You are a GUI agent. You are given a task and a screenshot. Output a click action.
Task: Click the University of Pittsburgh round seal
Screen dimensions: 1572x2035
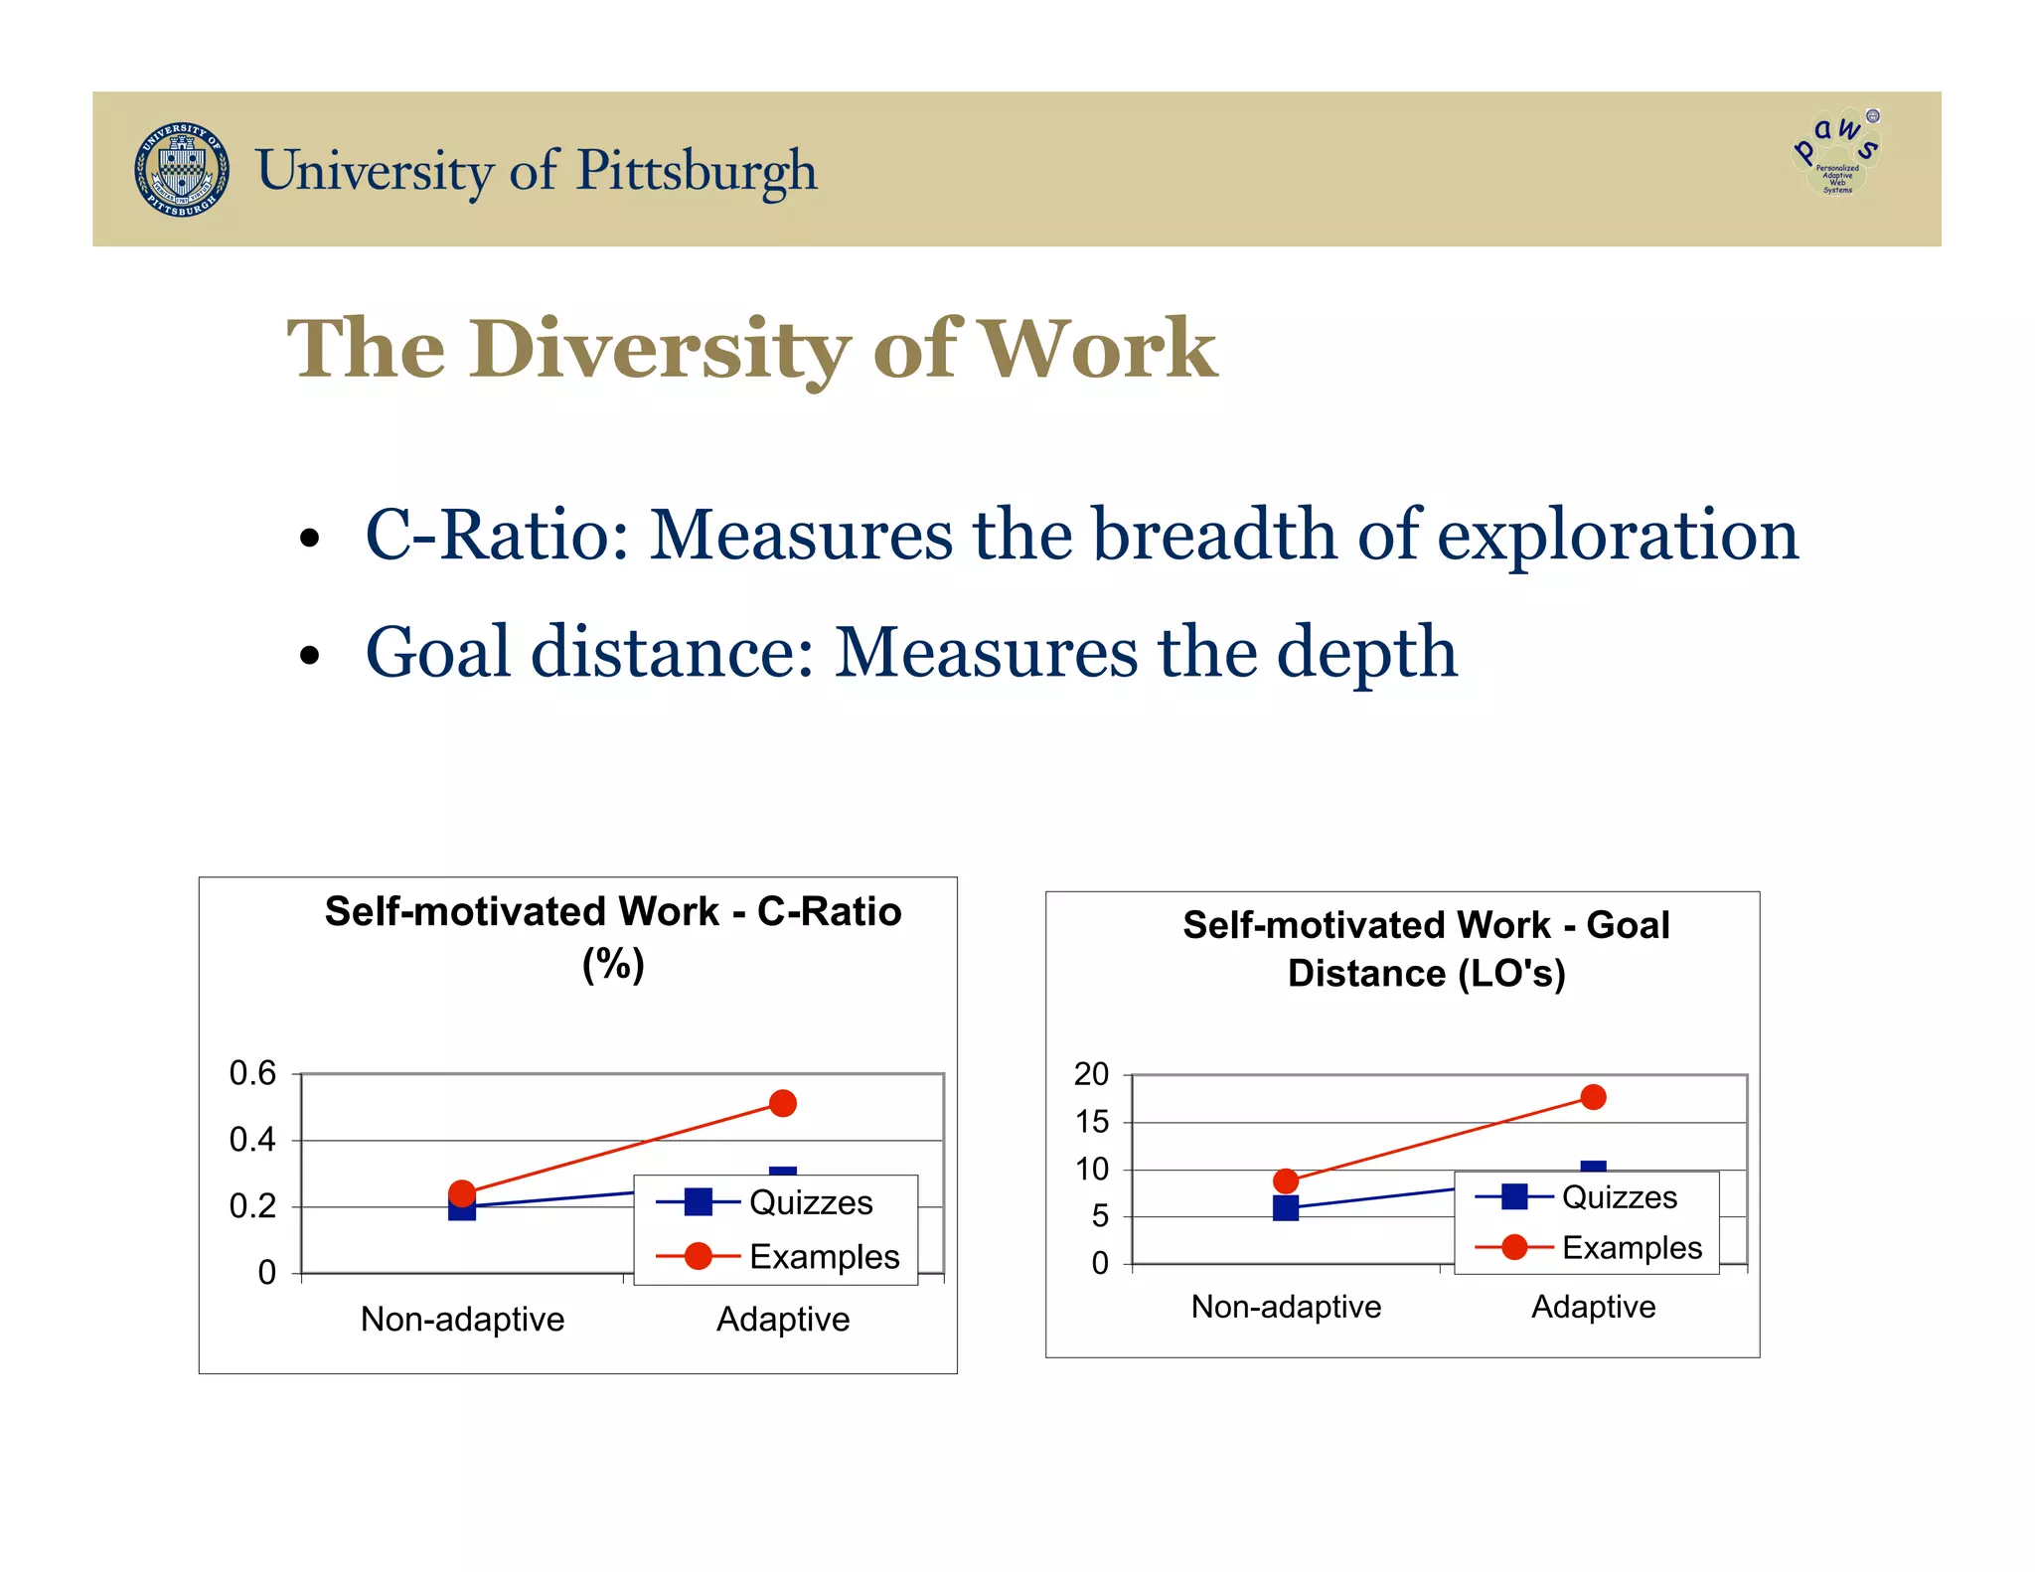coord(182,170)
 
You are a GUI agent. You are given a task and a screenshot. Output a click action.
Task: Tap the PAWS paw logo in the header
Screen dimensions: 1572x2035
coord(1837,152)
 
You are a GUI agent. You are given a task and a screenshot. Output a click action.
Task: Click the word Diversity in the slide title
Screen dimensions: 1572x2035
coord(660,349)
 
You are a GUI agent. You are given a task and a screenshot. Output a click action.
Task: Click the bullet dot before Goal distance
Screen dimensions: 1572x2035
coord(310,656)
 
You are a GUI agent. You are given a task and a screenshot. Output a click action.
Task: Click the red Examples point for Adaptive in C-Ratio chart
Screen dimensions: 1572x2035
coord(783,1103)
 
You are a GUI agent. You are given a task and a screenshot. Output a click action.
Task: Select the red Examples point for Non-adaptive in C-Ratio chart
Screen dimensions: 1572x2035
coord(462,1192)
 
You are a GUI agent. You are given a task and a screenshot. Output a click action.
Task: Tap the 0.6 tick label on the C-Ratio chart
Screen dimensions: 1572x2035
coord(252,1073)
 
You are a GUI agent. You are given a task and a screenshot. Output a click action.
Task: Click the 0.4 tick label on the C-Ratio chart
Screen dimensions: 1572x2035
coord(252,1140)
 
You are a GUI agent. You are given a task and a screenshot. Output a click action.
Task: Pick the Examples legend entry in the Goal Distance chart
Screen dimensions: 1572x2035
coord(1590,1247)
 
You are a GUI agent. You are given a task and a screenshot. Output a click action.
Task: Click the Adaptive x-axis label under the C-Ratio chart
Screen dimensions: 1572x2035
coord(783,1320)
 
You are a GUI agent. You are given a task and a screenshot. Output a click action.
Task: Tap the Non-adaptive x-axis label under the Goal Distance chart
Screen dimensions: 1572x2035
coord(1286,1307)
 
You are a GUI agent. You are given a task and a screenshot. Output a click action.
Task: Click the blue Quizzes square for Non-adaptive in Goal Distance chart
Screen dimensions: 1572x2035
coord(1286,1208)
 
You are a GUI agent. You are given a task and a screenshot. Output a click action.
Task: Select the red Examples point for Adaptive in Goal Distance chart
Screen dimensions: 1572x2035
coord(1593,1097)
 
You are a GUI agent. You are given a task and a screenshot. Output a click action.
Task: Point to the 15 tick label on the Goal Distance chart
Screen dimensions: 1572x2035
coord(1092,1122)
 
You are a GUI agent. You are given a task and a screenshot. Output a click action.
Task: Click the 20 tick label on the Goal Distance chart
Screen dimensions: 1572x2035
coord(1091,1074)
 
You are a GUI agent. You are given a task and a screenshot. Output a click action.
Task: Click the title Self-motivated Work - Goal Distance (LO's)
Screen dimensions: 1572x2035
coord(1426,949)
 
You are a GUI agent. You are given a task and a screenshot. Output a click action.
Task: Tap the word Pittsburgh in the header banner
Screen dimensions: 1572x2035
coord(697,171)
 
